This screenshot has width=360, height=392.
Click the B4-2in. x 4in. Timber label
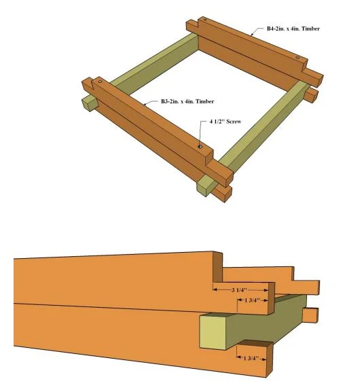click(x=293, y=29)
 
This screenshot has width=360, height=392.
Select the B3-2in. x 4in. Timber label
click(x=187, y=101)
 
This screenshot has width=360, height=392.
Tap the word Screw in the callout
click(x=234, y=122)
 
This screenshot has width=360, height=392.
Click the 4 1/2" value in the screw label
click(x=217, y=122)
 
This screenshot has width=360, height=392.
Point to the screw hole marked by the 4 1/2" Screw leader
click(x=200, y=147)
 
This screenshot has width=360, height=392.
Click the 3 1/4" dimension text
click(x=239, y=290)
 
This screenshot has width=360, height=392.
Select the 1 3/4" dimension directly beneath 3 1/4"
click(x=252, y=300)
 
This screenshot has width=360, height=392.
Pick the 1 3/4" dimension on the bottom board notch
click(x=251, y=358)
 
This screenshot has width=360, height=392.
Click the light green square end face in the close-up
click(x=213, y=332)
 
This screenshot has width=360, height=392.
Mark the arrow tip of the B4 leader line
click(x=251, y=35)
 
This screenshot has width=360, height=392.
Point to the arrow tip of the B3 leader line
click(x=144, y=105)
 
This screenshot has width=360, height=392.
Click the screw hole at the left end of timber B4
click(x=204, y=20)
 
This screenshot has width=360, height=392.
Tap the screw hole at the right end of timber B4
click(x=298, y=58)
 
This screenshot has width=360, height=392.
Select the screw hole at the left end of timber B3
click(x=100, y=82)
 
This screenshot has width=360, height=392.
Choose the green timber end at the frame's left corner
click(x=89, y=104)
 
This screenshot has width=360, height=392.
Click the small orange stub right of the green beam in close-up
click(x=310, y=315)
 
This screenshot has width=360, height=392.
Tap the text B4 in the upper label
click(x=270, y=29)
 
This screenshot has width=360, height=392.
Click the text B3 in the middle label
click(x=164, y=101)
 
